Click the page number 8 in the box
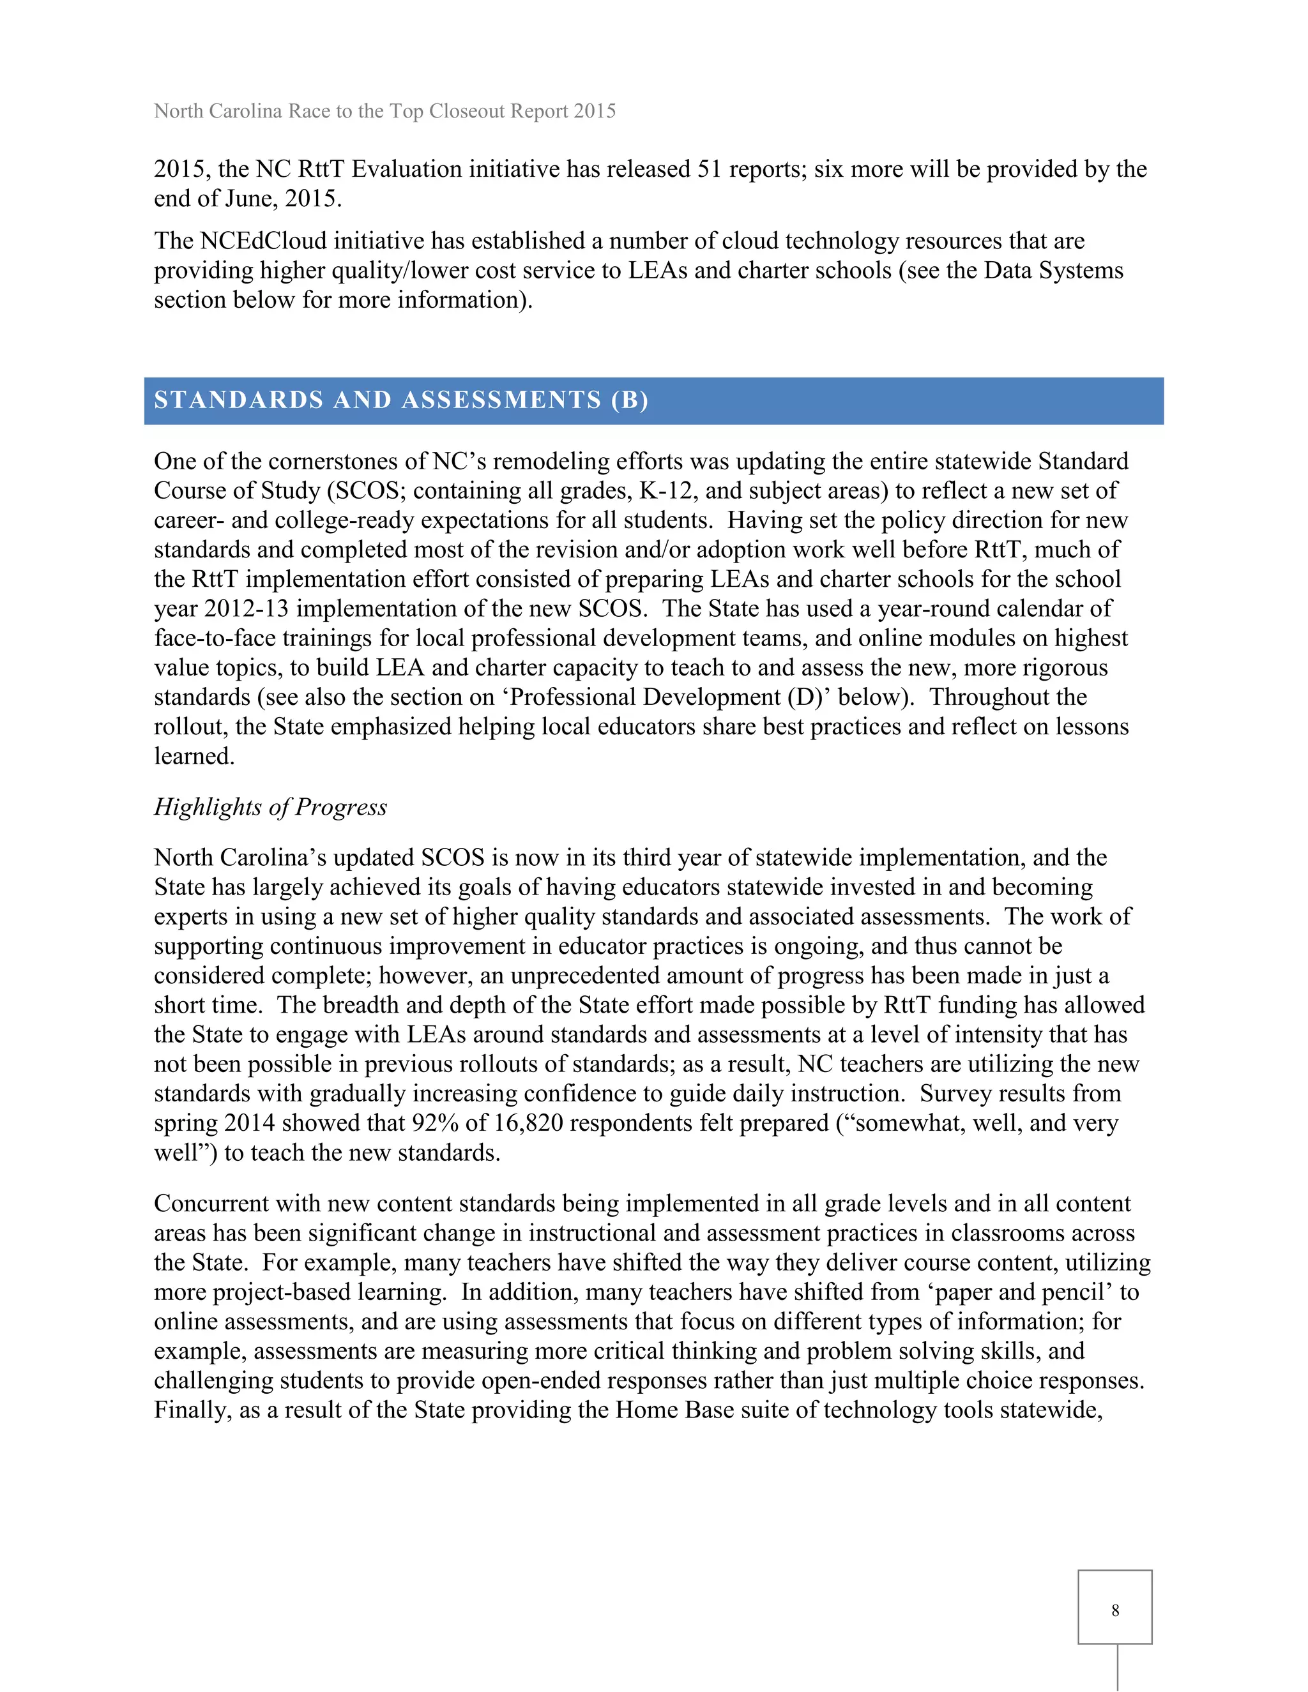click(1114, 1611)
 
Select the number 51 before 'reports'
click(710, 170)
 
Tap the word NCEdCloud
click(264, 241)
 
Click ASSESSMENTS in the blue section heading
click(501, 400)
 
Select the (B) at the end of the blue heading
click(629, 400)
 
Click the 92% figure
click(432, 1123)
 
